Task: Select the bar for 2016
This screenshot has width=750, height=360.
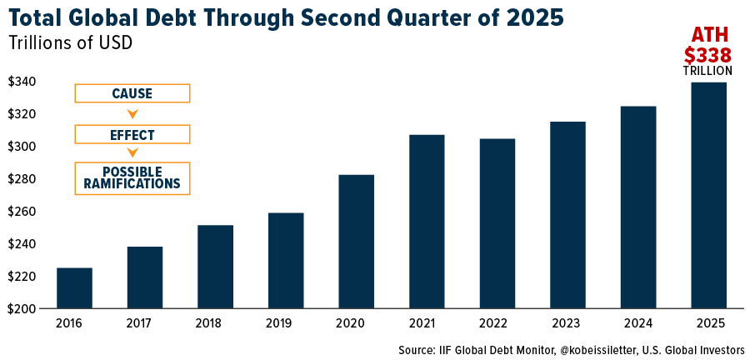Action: (x=74, y=287)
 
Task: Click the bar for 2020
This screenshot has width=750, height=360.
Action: (x=356, y=242)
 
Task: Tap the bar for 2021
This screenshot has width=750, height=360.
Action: (x=427, y=222)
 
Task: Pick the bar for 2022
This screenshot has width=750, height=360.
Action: (x=497, y=223)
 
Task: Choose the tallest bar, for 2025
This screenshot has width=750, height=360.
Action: (x=708, y=195)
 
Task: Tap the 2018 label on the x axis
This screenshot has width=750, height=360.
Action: (x=215, y=323)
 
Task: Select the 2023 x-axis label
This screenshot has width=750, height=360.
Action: (x=567, y=323)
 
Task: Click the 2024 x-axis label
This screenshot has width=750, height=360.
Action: (x=637, y=323)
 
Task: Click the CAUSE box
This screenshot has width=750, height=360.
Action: (x=132, y=93)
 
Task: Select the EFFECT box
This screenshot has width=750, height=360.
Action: (x=132, y=134)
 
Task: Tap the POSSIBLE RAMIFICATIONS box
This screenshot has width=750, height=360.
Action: (x=132, y=178)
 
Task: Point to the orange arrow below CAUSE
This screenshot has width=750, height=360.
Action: (x=132, y=114)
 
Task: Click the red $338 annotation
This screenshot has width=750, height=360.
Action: (x=707, y=55)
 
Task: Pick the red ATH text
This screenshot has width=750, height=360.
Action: (x=707, y=35)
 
